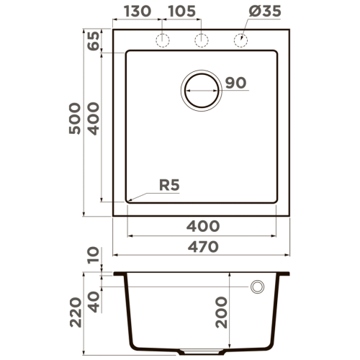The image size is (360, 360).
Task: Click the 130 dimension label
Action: click(x=138, y=12)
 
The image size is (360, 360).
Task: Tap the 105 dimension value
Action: click(x=182, y=12)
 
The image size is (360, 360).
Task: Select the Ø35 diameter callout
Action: click(x=265, y=12)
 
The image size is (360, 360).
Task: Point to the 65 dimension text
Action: click(x=93, y=41)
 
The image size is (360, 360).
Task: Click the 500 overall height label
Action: click(x=75, y=118)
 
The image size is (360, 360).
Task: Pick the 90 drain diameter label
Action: click(x=235, y=83)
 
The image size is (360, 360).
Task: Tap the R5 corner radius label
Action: click(x=169, y=185)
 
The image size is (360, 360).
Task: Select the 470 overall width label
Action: click(x=203, y=247)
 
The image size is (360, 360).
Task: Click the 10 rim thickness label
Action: click(x=93, y=255)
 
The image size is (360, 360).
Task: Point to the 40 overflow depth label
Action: click(x=94, y=302)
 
